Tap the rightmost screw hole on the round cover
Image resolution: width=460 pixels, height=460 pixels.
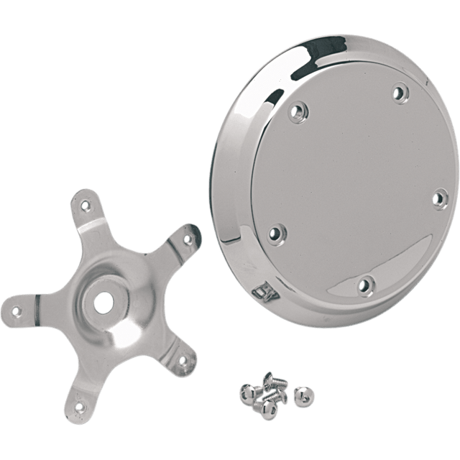point(436,197)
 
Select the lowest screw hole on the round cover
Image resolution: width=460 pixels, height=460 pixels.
point(366,285)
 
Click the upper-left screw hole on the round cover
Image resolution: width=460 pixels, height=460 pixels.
point(297,110)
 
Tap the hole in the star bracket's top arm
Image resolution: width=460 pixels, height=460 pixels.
point(85,206)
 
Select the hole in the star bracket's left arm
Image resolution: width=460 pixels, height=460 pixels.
point(16,310)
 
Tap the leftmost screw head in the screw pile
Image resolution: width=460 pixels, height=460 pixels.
point(244,391)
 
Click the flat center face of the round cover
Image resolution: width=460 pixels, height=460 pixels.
point(352,187)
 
